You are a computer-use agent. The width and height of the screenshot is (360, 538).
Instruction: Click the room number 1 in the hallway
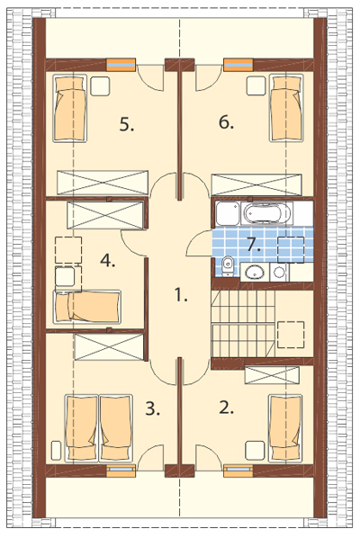point(181,295)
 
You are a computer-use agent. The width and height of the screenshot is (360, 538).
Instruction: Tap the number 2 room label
point(226,408)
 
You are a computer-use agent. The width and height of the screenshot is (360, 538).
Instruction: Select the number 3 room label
point(152,408)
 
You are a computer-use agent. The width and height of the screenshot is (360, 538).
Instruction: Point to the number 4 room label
point(107,261)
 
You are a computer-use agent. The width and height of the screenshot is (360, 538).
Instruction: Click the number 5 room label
point(127,124)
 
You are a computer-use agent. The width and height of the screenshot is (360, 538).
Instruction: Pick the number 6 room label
point(226,122)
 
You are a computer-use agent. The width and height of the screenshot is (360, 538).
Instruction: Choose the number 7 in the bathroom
point(253,245)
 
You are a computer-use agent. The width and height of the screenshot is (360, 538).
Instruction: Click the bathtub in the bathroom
point(267,213)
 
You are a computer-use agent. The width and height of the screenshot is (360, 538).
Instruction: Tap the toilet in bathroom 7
point(227,266)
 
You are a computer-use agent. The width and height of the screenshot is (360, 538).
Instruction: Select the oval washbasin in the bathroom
point(255,273)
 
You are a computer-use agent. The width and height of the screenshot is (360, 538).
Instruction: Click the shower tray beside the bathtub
point(228,213)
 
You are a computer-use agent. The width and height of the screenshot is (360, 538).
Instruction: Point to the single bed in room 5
point(69,108)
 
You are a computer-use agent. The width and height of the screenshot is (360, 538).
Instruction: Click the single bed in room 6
point(286,107)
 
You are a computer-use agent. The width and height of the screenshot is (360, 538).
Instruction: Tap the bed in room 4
point(86,307)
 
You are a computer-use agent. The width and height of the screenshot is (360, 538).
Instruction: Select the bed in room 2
point(286,428)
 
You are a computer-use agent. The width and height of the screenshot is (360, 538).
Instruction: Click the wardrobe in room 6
point(256,184)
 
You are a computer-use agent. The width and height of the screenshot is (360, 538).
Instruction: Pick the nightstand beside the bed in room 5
point(100,85)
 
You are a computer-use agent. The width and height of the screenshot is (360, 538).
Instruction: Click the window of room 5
point(121,65)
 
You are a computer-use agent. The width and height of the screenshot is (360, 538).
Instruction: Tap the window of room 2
point(238,471)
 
